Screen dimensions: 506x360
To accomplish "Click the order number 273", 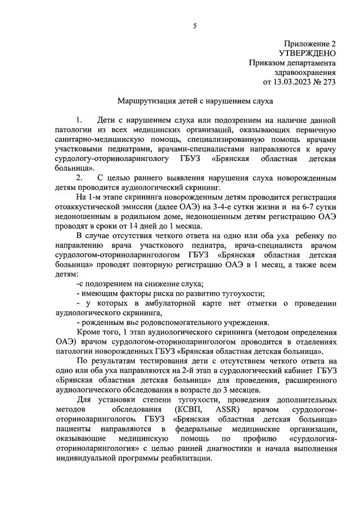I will [328, 82].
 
